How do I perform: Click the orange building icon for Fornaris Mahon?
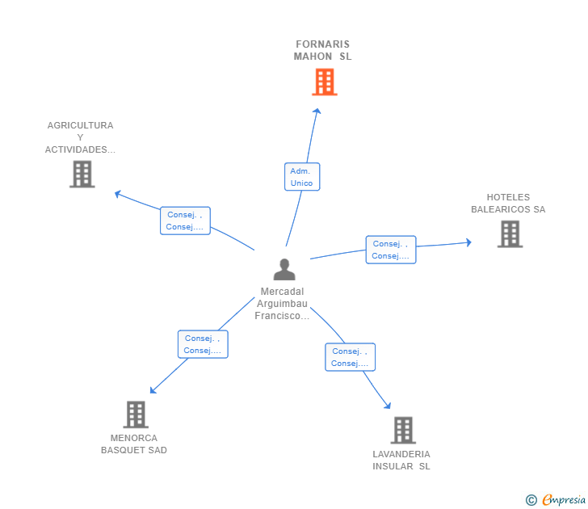pyautogui.click(x=324, y=82)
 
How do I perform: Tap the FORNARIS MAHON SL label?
pyautogui.click(x=323, y=50)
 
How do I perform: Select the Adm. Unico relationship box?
pyautogui.click(x=302, y=177)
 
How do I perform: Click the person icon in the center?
pyautogui.click(x=284, y=270)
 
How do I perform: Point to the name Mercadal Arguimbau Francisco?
pyautogui.click(x=283, y=304)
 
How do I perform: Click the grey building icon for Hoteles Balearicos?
pyautogui.click(x=510, y=233)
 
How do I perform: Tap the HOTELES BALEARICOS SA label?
pyautogui.click(x=508, y=204)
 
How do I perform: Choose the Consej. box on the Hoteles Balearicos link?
pyautogui.click(x=391, y=250)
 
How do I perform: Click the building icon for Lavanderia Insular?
pyautogui.click(x=403, y=431)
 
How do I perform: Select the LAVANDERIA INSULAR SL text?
pyautogui.click(x=401, y=461)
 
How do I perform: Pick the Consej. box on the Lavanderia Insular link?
pyautogui.click(x=351, y=357)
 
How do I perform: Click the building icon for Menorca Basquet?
pyautogui.click(x=136, y=414)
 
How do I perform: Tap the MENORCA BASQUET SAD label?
pyautogui.click(x=134, y=444)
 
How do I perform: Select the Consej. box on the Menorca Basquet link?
pyautogui.click(x=203, y=344)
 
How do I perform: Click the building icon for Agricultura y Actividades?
pyautogui.click(x=82, y=174)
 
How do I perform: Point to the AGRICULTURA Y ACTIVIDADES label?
pyautogui.click(x=80, y=137)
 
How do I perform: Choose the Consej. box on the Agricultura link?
pyautogui.click(x=185, y=221)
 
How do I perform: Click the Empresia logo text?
pyautogui.click(x=564, y=499)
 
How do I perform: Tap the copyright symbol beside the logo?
pyautogui.click(x=531, y=500)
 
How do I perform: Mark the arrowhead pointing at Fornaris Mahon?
pyautogui.click(x=317, y=112)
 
